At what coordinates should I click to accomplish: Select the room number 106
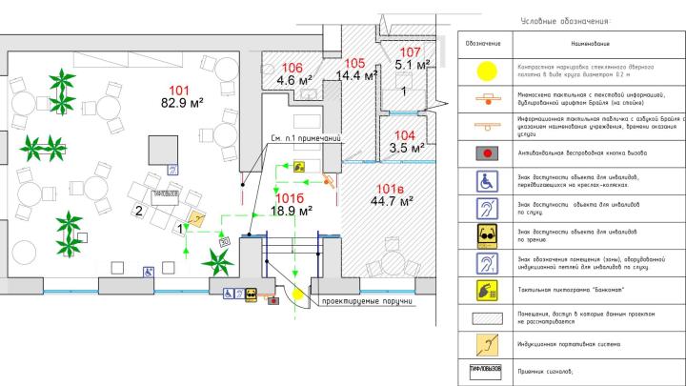click(x=292, y=68)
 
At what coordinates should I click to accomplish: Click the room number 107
click(x=411, y=52)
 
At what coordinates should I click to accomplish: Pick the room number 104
click(x=405, y=135)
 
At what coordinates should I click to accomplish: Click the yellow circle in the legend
click(x=486, y=70)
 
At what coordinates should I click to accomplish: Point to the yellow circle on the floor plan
click(x=298, y=294)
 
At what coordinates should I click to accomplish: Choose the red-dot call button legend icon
click(x=486, y=152)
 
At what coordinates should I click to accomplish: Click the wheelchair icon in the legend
click(x=486, y=180)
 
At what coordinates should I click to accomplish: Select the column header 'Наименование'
click(x=591, y=44)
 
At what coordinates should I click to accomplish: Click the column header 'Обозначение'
click(x=486, y=44)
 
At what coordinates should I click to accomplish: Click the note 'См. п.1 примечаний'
click(x=308, y=137)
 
